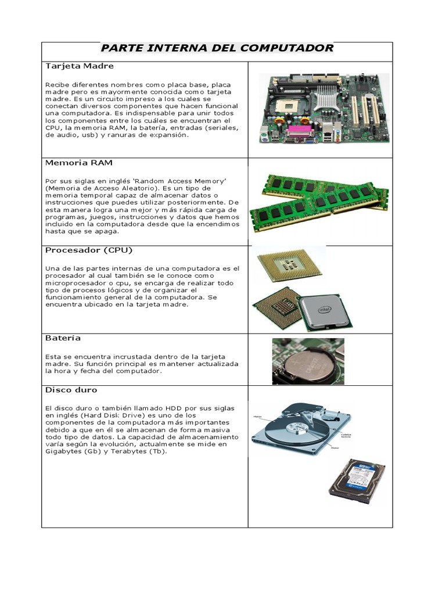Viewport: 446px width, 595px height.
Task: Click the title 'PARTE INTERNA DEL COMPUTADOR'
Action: tap(217, 48)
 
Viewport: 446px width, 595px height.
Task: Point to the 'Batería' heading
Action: tap(63, 338)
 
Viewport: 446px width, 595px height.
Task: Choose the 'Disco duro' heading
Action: tap(71, 390)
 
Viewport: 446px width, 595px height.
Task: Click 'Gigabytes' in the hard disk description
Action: tap(63, 451)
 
